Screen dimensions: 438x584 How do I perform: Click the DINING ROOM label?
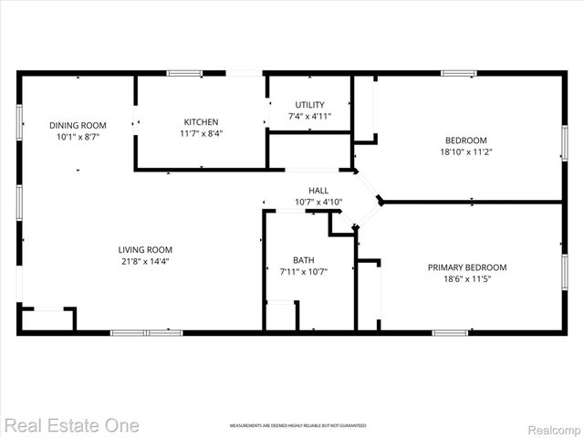point(78,125)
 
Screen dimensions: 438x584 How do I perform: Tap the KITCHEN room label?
point(201,122)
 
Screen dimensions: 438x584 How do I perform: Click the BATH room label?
point(304,260)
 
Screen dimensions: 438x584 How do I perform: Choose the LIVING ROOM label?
point(145,250)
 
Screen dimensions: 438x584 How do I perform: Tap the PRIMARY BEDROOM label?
point(467,267)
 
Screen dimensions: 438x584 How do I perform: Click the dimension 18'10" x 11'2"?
point(465,151)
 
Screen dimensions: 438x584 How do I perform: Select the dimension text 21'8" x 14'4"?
point(144,261)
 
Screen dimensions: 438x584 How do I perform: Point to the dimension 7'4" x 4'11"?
point(309,117)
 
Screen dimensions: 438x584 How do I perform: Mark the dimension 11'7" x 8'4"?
point(201,133)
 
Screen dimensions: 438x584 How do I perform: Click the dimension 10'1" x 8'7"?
point(78,136)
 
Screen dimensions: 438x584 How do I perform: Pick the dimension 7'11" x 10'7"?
point(304,271)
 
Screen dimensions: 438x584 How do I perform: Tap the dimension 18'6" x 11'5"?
point(467,278)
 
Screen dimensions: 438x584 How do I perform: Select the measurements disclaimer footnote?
point(297,426)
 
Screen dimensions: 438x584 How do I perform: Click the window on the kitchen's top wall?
point(184,73)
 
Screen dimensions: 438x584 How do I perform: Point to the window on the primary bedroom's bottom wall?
point(450,332)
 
